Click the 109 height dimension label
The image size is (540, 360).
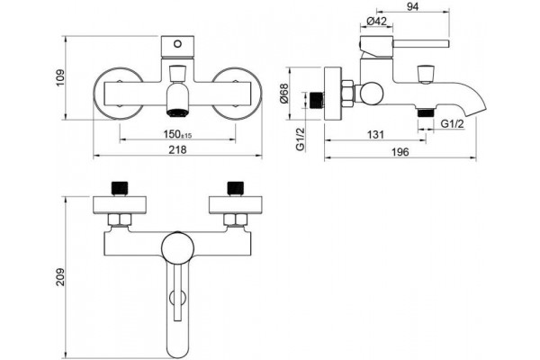(x=60, y=78)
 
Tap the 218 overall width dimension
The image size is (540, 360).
(x=178, y=149)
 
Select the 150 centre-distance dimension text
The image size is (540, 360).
(x=177, y=134)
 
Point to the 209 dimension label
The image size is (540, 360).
(x=60, y=277)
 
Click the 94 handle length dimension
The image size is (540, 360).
(x=412, y=6)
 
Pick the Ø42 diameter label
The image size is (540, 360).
(x=376, y=21)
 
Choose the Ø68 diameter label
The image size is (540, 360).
(x=284, y=94)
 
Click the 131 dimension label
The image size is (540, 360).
(x=375, y=134)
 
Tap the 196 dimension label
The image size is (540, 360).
(x=400, y=152)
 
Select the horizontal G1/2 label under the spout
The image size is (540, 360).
(x=453, y=123)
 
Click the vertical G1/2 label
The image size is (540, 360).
(x=301, y=139)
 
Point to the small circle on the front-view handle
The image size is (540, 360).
(x=177, y=44)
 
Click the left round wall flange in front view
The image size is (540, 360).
(x=119, y=94)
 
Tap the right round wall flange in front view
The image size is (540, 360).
(x=237, y=94)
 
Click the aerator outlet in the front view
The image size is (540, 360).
(x=177, y=112)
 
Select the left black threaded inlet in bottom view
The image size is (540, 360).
(x=120, y=188)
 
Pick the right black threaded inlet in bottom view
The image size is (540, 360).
(x=236, y=188)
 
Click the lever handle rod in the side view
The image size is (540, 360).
(x=421, y=44)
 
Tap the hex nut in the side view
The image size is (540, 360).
(x=347, y=94)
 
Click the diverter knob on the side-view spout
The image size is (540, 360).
(x=426, y=74)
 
